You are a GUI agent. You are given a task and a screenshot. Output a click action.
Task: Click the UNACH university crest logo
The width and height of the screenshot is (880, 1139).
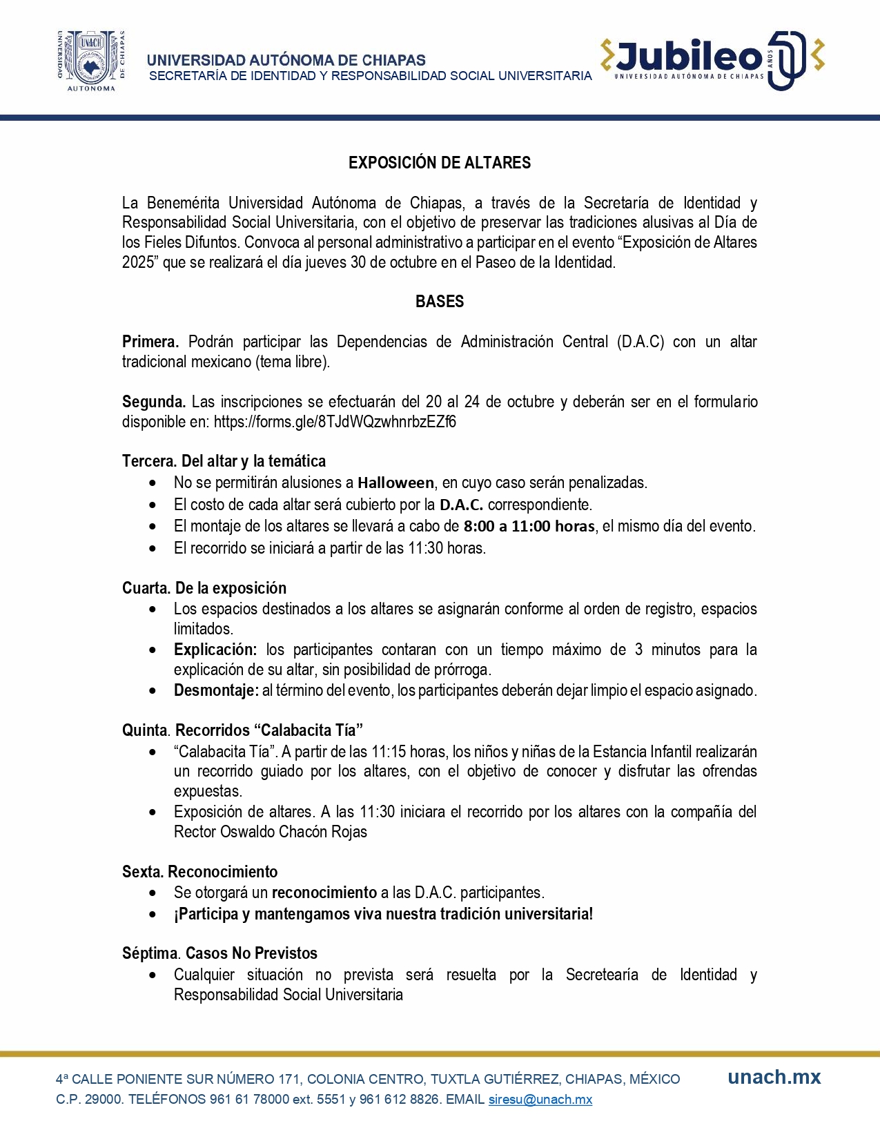pyautogui.click(x=91, y=61)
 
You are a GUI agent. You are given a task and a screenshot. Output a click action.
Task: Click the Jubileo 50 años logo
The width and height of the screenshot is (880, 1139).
pyautogui.click(x=712, y=60)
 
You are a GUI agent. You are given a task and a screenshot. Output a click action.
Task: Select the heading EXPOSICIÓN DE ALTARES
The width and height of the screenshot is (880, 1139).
pyautogui.click(x=440, y=163)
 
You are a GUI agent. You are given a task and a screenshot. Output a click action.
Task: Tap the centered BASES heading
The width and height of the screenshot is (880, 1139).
pyautogui.click(x=440, y=302)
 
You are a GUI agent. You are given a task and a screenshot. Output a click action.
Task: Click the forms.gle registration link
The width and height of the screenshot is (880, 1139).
pyautogui.click(x=335, y=422)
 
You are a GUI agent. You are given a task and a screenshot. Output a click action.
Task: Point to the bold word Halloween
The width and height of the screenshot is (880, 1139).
pyautogui.click(x=395, y=483)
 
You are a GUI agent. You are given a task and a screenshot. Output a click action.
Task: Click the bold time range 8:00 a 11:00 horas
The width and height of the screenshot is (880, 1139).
pyautogui.click(x=529, y=526)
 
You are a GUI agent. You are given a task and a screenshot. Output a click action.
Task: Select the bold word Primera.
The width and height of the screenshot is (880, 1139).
pyautogui.click(x=150, y=342)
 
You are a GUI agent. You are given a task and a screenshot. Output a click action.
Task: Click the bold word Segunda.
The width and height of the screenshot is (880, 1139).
pyautogui.click(x=153, y=402)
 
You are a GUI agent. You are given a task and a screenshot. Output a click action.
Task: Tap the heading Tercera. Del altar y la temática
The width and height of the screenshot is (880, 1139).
pyautogui.click(x=224, y=461)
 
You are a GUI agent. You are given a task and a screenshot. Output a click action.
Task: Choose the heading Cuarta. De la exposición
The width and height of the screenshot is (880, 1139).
pyautogui.click(x=204, y=588)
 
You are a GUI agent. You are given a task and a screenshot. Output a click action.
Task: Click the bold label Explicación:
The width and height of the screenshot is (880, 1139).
pyautogui.click(x=215, y=650)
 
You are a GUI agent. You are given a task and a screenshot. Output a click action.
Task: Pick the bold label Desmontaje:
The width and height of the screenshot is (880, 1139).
pyautogui.click(x=216, y=690)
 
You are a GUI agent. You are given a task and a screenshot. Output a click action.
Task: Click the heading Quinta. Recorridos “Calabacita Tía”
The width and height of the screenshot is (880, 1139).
pyautogui.click(x=242, y=730)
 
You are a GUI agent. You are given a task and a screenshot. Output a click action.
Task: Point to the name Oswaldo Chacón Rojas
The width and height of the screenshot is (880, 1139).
pyautogui.click(x=293, y=832)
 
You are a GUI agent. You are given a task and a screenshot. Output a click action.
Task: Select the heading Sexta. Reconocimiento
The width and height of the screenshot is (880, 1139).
pyautogui.click(x=200, y=872)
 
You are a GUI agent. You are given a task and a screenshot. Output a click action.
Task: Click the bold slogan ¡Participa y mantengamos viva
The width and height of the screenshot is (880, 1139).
pyautogui.click(x=383, y=914)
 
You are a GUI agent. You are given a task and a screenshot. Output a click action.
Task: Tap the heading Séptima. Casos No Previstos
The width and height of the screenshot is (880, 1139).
pyautogui.click(x=219, y=953)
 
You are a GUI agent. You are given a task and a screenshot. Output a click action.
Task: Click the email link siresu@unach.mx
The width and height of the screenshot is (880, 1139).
pyautogui.click(x=540, y=1100)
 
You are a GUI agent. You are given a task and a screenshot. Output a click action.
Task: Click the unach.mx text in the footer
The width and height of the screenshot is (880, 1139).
pyautogui.click(x=774, y=1078)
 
